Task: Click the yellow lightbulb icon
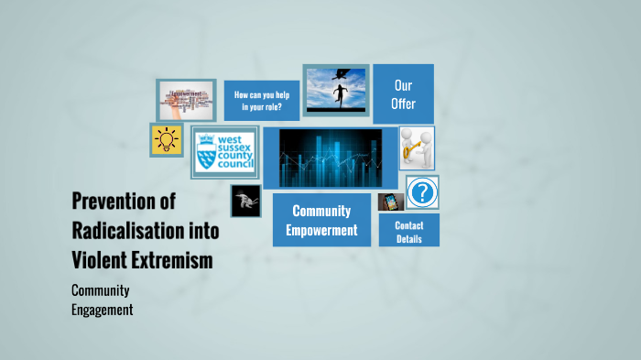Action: click(x=166, y=140)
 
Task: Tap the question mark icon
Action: click(x=422, y=192)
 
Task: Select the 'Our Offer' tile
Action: click(x=403, y=93)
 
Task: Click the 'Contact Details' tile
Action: click(x=408, y=231)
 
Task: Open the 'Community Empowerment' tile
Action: click(x=321, y=221)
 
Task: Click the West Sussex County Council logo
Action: click(x=224, y=153)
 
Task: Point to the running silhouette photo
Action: click(x=335, y=91)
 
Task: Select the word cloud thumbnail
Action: click(x=186, y=99)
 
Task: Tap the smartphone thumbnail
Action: click(x=390, y=202)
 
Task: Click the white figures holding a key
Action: click(x=417, y=148)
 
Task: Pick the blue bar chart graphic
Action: click(x=330, y=158)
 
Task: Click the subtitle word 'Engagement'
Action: click(x=102, y=310)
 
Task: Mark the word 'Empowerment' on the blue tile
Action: click(x=321, y=230)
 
